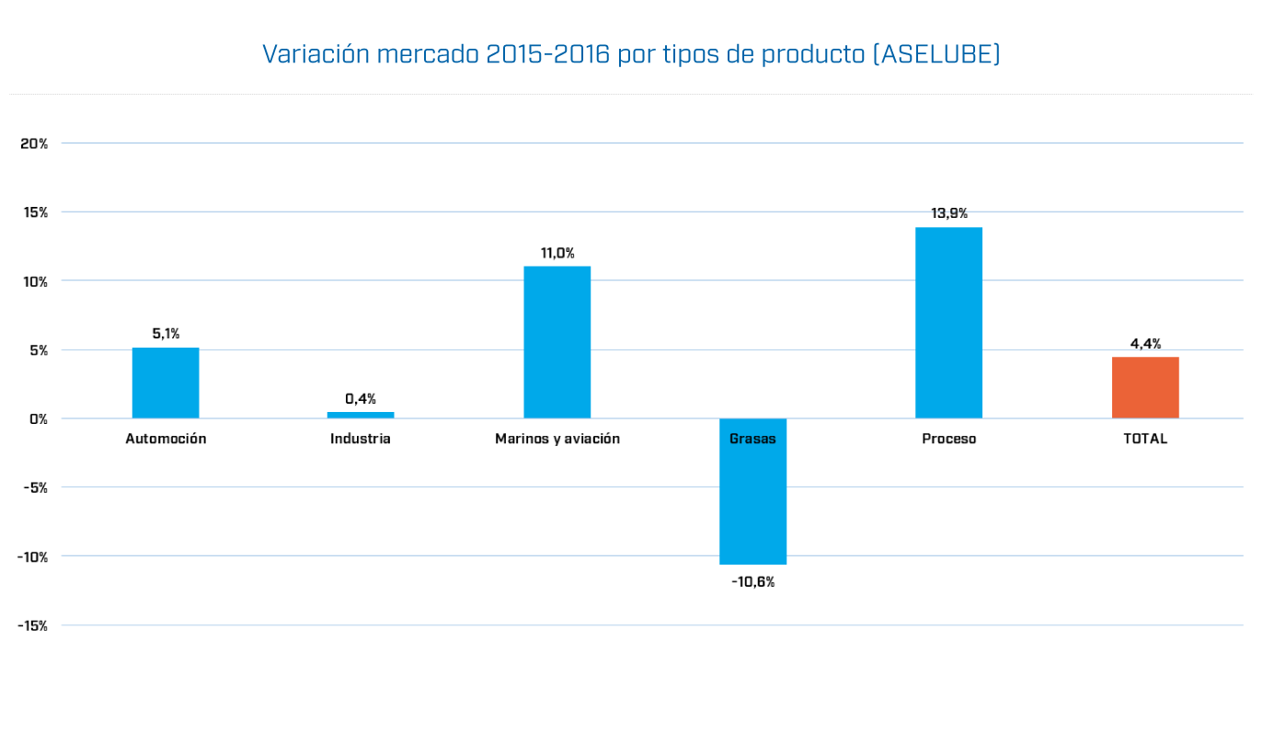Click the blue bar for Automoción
point(166,383)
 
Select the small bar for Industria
point(361,415)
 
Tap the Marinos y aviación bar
point(557,342)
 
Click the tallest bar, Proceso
point(948,322)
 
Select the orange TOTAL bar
point(1144,387)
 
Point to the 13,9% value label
point(948,213)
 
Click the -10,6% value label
point(752,582)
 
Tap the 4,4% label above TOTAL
point(1145,344)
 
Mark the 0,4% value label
point(361,399)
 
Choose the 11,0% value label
point(557,253)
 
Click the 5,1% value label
point(166,334)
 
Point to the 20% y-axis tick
point(34,143)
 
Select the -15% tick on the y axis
point(32,625)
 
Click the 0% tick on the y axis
point(39,418)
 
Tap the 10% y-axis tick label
point(35,281)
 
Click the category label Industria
point(361,439)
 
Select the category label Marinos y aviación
point(557,439)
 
